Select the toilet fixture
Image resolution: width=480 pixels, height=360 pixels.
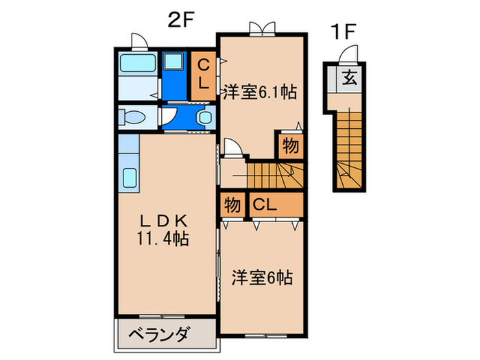pos(133,117)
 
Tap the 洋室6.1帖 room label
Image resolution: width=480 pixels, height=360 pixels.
pos(259,91)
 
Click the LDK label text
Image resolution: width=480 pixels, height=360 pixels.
pos(163,221)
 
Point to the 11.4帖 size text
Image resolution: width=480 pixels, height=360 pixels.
pos(163,239)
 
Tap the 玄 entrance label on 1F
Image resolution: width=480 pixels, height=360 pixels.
pos(350,77)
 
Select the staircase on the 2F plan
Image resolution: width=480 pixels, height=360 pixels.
pos(273,175)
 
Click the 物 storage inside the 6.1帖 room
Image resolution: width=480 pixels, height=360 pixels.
pos(289,146)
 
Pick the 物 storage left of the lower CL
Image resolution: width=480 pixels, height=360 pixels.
pos(232,205)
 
